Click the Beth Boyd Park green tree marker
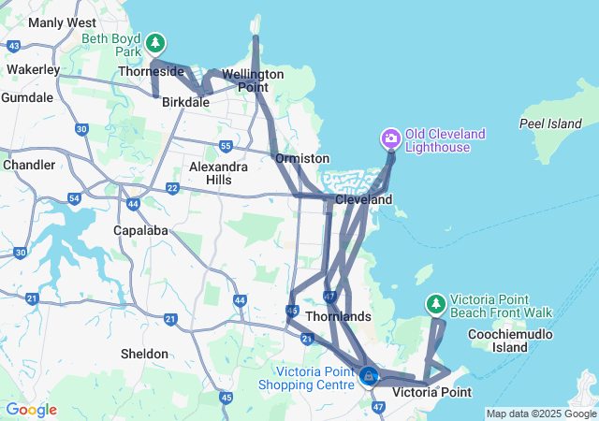click(155, 43)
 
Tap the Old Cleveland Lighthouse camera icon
click(391, 139)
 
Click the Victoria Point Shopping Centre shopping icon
click(369, 377)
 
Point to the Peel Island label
click(550, 123)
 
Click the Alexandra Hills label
click(218, 172)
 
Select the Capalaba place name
click(139, 228)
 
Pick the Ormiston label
click(301, 159)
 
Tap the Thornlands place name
click(338, 317)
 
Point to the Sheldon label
click(145, 354)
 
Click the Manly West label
click(63, 22)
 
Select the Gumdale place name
click(27, 97)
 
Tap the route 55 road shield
click(226, 145)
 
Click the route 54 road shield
click(74, 197)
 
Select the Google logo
click(31, 410)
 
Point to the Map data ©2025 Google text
click(541, 414)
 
